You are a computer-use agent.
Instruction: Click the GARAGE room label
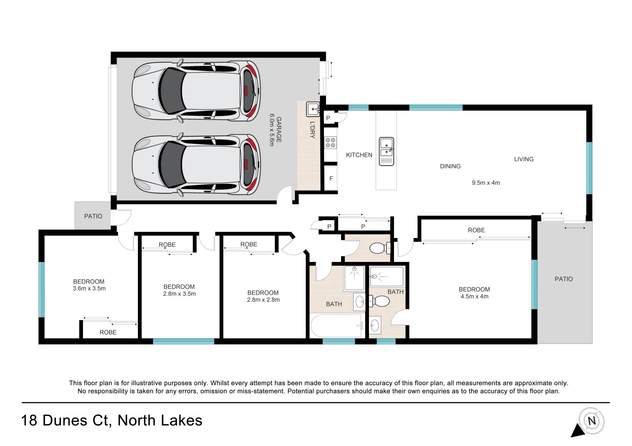279,129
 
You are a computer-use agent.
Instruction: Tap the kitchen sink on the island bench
386,152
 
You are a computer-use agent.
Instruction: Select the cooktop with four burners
330,143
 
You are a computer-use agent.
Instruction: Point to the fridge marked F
331,178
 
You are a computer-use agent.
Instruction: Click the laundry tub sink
313,109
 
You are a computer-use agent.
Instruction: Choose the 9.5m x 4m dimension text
486,183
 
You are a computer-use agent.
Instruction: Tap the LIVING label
524,159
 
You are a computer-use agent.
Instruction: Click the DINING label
450,166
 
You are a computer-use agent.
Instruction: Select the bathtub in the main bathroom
338,325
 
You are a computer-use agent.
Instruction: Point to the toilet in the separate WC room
380,248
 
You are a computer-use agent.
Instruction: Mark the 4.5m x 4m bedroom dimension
474,296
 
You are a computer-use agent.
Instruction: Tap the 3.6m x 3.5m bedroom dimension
89,289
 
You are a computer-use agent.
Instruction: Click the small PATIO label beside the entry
93,216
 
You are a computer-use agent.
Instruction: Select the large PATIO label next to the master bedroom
564,279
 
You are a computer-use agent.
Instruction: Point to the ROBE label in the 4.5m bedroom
476,230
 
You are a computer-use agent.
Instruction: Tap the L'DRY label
312,130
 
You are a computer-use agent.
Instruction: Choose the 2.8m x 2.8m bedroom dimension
263,300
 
